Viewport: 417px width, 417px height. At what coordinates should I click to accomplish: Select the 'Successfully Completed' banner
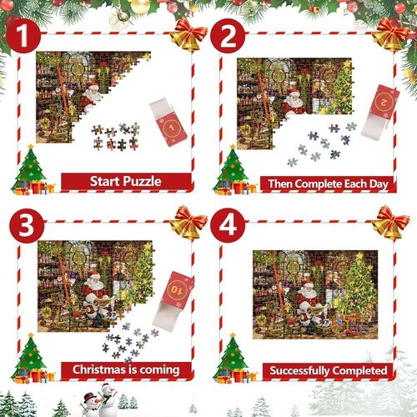click(327, 369)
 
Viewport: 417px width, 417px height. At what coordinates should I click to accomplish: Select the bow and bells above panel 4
click(391, 223)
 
